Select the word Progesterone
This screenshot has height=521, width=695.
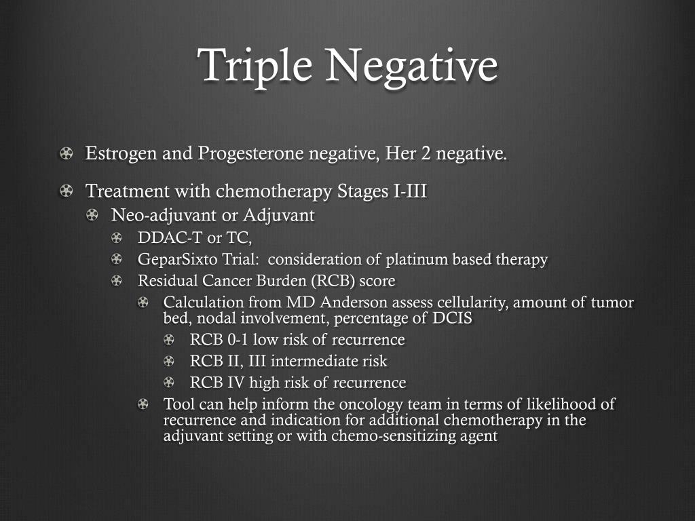coord(251,154)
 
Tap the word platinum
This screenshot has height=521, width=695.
coord(413,259)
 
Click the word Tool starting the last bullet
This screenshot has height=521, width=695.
coord(177,405)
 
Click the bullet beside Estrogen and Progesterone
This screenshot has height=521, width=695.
coord(66,155)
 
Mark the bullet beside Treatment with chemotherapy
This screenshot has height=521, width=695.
coord(66,192)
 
